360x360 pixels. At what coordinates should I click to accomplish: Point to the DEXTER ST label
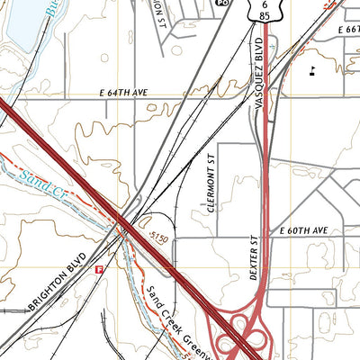[255, 259]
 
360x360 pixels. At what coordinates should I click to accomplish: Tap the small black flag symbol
[311, 67]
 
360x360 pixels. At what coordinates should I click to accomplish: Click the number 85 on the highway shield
[262, 16]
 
